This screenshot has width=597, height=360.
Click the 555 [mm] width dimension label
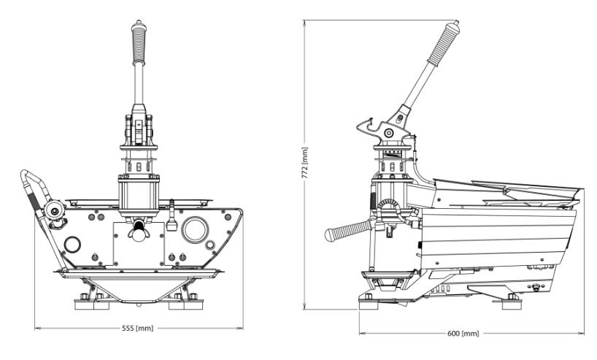[139, 329]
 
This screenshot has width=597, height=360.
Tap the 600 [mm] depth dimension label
[463, 334]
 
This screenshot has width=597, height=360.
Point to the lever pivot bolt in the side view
[388, 132]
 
